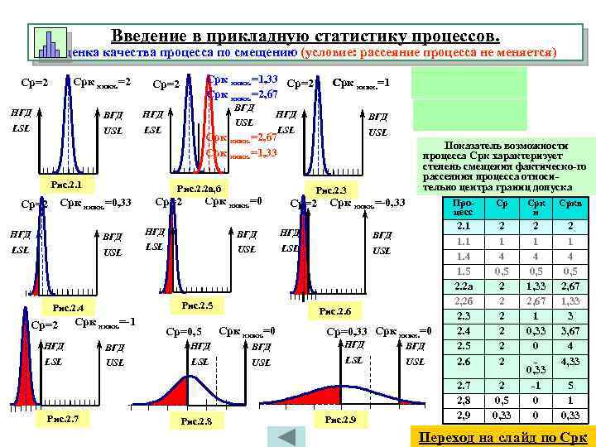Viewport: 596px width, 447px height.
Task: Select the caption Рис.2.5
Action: [x=196, y=306]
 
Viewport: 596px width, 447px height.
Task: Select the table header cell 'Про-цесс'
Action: [x=463, y=206]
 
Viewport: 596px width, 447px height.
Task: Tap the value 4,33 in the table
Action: [x=570, y=362]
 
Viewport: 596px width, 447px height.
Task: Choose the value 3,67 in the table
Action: [x=570, y=331]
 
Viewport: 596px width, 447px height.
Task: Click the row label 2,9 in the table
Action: [x=463, y=415]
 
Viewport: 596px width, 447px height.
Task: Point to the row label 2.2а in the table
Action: [x=463, y=286]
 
